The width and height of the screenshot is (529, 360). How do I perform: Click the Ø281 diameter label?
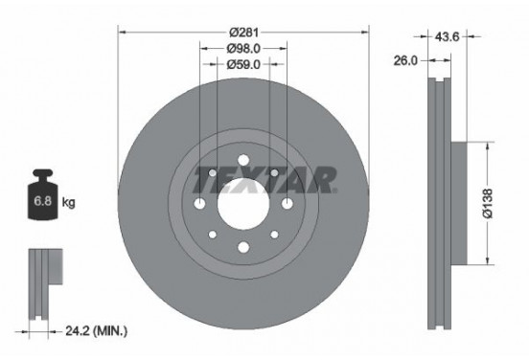(x=243, y=32)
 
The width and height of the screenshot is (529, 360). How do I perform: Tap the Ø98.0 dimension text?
(x=243, y=48)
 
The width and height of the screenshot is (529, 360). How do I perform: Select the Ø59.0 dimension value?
(x=243, y=65)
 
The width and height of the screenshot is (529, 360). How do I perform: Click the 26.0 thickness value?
(x=406, y=59)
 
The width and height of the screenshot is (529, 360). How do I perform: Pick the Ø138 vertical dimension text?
(x=488, y=203)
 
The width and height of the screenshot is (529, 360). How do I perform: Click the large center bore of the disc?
(x=243, y=203)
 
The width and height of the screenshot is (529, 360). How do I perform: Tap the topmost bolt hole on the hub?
(x=243, y=159)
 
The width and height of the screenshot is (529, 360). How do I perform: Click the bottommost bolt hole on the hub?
(x=243, y=249)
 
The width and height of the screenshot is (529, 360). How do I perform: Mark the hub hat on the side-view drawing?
(x=457, y=203)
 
